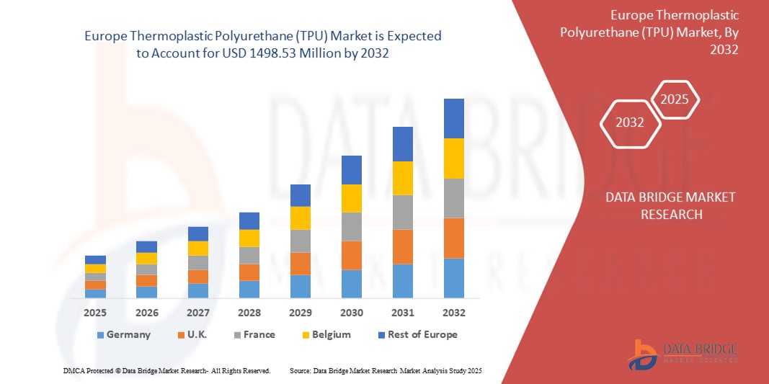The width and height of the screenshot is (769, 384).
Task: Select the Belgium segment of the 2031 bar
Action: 402,178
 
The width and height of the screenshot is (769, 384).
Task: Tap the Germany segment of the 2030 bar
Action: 351,284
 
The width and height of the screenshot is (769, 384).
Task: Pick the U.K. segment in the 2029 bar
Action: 300,264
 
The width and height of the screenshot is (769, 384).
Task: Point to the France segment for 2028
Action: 249,256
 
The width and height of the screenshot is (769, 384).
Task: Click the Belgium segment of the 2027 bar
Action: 197,249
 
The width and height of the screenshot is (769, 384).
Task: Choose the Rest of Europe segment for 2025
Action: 95,260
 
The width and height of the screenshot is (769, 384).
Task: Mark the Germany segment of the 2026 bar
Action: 146,292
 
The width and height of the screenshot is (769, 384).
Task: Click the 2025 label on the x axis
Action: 95,313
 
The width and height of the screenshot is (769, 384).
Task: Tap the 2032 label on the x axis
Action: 453,313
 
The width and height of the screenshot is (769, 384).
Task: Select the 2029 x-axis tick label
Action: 300,313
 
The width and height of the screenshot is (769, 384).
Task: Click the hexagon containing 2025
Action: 675,99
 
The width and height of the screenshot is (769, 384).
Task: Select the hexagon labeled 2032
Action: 629,122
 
